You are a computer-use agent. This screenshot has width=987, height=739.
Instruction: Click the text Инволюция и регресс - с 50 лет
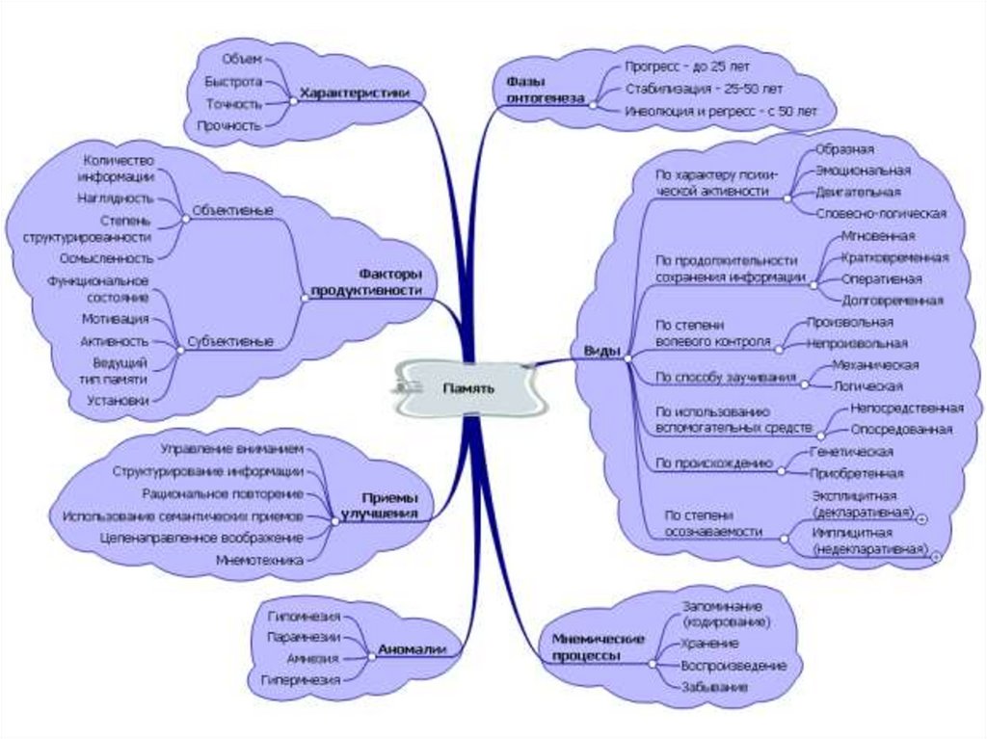720,112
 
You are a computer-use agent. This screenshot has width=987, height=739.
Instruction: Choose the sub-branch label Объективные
231,210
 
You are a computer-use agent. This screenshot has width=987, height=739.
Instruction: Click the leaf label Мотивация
115,319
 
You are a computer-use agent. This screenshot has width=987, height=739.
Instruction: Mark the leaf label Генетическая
851,451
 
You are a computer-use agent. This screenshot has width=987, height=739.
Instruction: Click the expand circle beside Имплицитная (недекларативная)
935,556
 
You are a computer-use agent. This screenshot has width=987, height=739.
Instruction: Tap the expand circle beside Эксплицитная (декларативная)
922,519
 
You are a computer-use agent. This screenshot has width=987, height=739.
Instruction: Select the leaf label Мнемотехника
260,559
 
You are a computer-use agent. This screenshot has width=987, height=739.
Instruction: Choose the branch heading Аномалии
412,649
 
